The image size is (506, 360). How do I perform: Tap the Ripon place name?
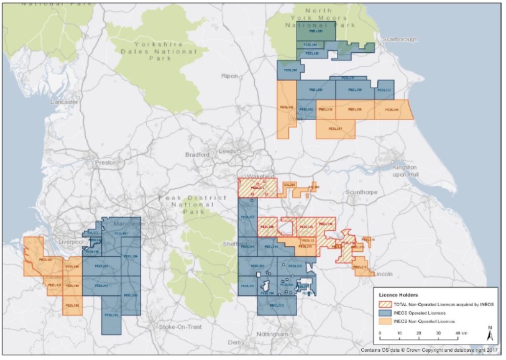coord(229,75)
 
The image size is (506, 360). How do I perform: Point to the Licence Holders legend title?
coord(400,295)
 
